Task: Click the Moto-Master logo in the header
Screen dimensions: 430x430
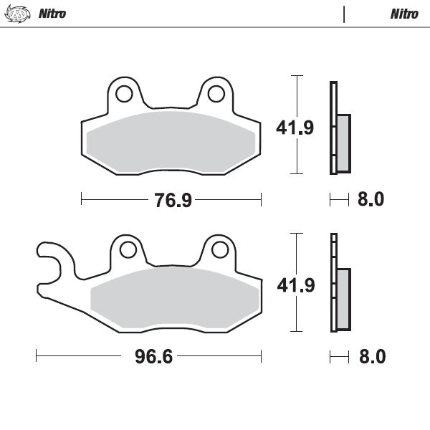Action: point(18,14)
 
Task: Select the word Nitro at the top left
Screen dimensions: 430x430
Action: point(52,14)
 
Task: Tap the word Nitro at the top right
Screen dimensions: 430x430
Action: point(405,14)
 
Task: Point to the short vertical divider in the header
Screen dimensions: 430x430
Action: point(345,14)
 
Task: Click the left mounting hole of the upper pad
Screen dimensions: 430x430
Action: point(123,93)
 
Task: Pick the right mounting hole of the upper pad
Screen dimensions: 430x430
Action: point(215,93)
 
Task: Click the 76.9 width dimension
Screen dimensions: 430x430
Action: point(173,200)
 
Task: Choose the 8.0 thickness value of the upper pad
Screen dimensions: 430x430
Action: point(371,200)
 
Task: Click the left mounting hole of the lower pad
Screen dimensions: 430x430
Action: point(128,249)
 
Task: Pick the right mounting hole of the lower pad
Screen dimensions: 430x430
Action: point(219,249)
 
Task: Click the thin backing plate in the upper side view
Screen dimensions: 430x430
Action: point(333,128)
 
